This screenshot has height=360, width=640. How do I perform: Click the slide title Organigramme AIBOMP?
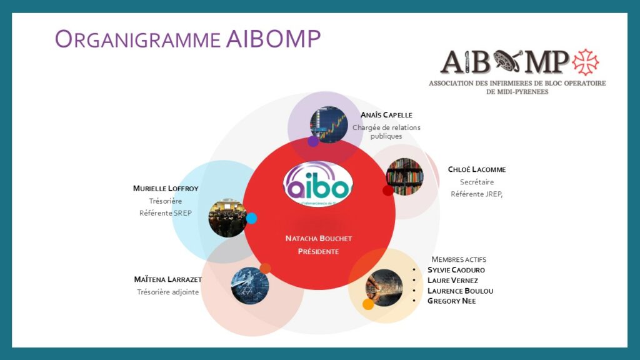pyautogui.click(x=187, y=39)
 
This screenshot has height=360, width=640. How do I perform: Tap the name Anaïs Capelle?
pyautogui.click(x=386, y=115)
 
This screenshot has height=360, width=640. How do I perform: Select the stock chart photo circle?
pyautogui.click(x=329, y=124)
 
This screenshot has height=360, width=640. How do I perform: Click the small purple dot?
pyautogui.click(x=313, y=141)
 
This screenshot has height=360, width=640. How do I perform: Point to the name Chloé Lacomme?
pyautogui.click(x=477, y=169)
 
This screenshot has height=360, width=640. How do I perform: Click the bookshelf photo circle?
pyautogui.click(x=404, y=176)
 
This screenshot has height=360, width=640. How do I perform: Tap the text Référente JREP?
pyautogui.click(x=477, y=194)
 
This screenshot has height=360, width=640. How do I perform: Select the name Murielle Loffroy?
pyautogui.click(x=165, y=188)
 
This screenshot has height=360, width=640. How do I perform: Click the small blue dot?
pyautogui.click(x=251, y=218)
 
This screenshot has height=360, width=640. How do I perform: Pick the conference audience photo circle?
pyautogui.click(x=227, y=217)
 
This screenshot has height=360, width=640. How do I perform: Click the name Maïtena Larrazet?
pyautogui.click(x=167, y=279)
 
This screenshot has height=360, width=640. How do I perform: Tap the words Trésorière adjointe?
pyautogui.click(x=167, y=291)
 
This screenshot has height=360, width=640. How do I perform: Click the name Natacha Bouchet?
pyautogui.click(x=318, y=239)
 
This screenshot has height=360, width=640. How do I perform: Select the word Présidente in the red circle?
pyautogui.click(x=318, y=251)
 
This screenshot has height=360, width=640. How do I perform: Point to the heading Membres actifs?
pyautogui.click(x=459, y=259)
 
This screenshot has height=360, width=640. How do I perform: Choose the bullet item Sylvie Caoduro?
pyautogui.click(x=456, y=270)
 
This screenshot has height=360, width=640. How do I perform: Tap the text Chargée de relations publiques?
pyautogui.click(x=386, y=131)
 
